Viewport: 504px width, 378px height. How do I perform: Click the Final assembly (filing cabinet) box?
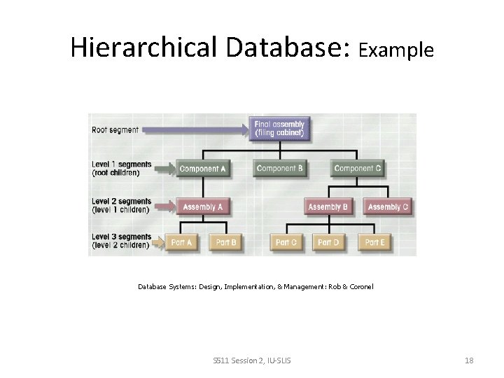coord(279,129)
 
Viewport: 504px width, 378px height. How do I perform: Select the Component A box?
coord(203,168)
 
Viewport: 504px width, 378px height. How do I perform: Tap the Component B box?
coord(280,168)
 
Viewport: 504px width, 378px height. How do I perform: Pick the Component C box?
coord(358,168)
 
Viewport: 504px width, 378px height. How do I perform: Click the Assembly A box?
coord(203,206)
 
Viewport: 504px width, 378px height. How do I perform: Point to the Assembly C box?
coord(388,206)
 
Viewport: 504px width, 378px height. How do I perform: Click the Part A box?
coord(181,242)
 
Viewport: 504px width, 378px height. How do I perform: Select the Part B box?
coord(226,242)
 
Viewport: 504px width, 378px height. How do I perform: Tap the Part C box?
coord(286,242)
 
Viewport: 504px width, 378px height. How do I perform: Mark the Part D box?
coord(328,242)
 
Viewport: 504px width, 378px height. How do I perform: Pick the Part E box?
coord(375,242)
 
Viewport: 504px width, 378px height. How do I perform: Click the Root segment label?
coord(115,129)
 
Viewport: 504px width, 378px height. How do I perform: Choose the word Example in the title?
coord(396,50)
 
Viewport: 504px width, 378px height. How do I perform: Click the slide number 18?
coord(469,360)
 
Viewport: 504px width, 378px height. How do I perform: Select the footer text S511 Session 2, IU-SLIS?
coord(252,360)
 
